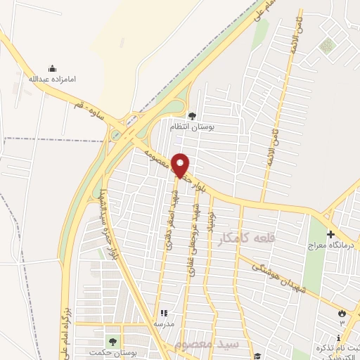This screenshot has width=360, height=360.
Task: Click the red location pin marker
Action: pyautogui.click(x=181, y=165)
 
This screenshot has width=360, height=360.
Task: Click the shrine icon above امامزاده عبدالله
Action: pyautogui.click(x=51, y=68)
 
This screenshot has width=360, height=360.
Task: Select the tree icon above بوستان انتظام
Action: pyautogui.click(x=193, y=115)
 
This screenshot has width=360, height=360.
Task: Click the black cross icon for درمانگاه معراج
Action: pyautogui.click(x=330, y=233)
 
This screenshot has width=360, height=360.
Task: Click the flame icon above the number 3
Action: pyautogui.click(x=342, y=313)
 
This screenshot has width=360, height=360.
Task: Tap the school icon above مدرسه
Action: pyautogui.click(x=164, y=313)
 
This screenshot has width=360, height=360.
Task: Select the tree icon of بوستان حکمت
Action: pyautogui.click(x=112, y=341)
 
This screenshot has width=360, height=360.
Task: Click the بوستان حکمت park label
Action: pyautogui.click(x=112, y=352)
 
